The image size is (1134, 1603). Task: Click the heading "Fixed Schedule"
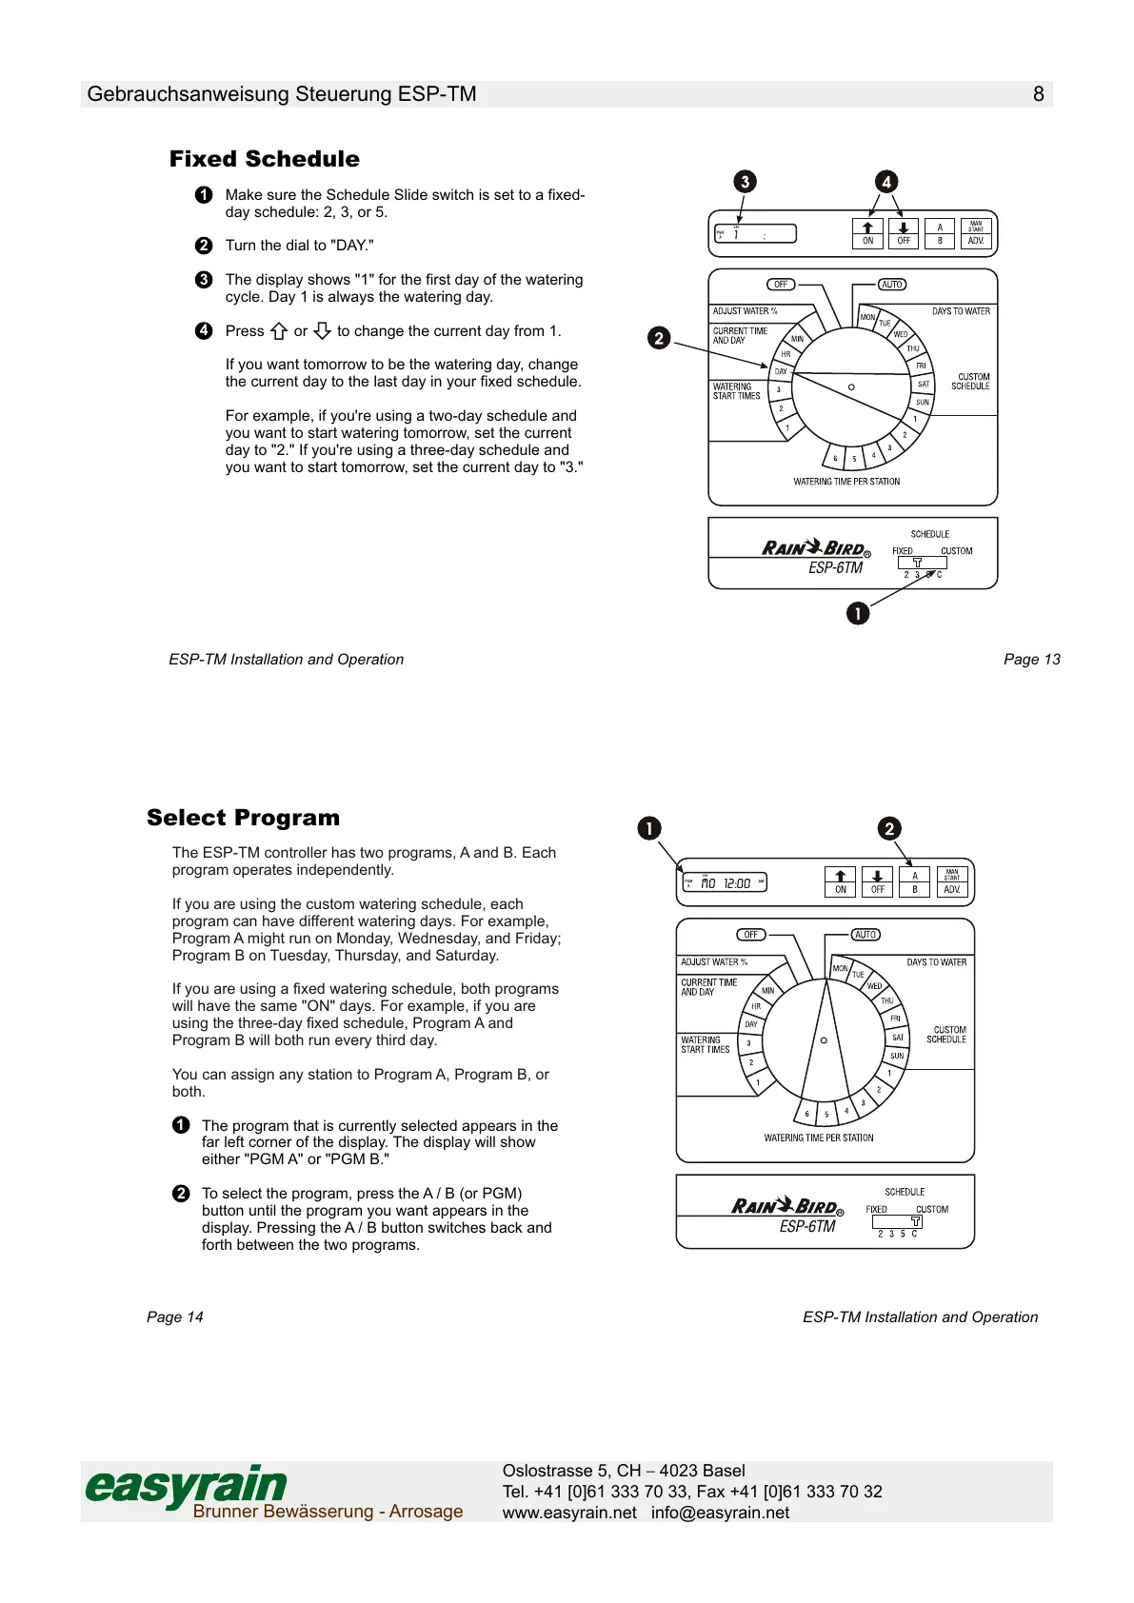[265, 159]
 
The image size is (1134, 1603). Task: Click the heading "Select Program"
[243, 818]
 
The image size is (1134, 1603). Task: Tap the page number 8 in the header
[1038, 94]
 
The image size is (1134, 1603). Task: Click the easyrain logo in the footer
[187, 1486]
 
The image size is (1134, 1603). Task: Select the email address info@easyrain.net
[720, 1513]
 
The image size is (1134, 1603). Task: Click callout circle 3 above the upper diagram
[746, 182]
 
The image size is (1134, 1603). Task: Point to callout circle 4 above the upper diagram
[886, 182]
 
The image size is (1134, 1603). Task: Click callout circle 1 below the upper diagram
[857, 614]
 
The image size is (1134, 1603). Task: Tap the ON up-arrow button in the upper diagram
[867, 233]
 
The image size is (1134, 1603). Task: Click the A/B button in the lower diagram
[914, 881]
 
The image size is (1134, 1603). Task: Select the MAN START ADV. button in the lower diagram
[951, 881]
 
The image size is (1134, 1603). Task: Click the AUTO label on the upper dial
[892, 285]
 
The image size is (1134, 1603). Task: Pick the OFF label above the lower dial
[751, 935]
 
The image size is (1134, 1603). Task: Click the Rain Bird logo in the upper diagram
[815, 548]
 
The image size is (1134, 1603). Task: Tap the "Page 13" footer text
[1031, 660]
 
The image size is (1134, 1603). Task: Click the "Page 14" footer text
[175, 1317]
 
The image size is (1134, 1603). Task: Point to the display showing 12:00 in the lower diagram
[725, 883]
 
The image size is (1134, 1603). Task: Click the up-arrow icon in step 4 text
[279, 331]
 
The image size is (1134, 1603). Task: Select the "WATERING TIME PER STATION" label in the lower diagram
[818, 1138]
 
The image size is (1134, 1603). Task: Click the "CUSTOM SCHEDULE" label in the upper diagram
[970, 382]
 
